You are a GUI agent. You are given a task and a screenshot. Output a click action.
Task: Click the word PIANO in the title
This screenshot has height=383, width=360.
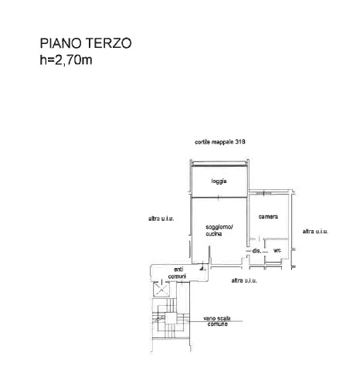[61, 43]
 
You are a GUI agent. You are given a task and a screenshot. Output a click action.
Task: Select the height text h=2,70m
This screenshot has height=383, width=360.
[66, 60]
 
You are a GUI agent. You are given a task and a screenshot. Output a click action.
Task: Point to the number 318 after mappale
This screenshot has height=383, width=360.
[240, 142]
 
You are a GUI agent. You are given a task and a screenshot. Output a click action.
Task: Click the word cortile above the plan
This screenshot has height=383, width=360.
[202, 142]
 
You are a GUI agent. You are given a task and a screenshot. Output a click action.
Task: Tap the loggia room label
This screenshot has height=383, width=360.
[219, 181]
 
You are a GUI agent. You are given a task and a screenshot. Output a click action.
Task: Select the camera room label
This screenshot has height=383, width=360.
[268, 217]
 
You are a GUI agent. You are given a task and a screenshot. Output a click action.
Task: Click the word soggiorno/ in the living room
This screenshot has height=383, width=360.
[219, 227]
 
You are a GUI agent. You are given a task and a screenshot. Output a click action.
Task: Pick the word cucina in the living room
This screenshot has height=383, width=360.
[213, 234]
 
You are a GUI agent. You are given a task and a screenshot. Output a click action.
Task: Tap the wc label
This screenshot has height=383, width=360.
[277, 250]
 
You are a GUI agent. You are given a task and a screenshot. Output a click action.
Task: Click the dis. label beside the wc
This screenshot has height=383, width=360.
[256, 250]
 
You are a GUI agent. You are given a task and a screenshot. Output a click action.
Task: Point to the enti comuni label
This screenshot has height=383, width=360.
[178, 273]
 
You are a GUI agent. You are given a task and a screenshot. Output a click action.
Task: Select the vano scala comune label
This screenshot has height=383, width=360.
[217, 321]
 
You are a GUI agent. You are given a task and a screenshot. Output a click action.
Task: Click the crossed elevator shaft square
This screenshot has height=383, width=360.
[161, 289]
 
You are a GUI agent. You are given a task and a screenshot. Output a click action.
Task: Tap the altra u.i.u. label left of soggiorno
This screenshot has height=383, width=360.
[161, 219]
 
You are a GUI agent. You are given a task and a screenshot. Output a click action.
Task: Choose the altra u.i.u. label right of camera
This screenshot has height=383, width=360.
[315, 232]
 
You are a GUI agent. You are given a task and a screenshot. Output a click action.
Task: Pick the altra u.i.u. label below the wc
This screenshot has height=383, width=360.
[244, 280]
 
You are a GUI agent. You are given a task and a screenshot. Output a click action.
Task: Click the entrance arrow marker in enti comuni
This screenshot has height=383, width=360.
[202, 268]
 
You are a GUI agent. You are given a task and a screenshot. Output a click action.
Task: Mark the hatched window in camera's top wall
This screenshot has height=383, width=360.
[263, 193]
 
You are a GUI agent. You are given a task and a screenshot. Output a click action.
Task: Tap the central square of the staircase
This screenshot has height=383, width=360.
[171, 318]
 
